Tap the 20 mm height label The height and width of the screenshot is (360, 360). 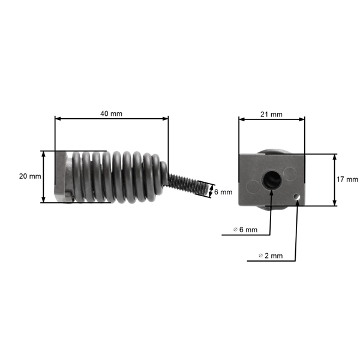pyautogui.click(x=30, y=176)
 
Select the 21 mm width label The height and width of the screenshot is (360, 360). pyautogui.click(x=272, y=114)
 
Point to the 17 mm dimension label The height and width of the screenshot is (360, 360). pyautogui.click(x=347, y=179)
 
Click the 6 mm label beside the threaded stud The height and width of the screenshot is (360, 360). pyautogui.click(x=223, y=192)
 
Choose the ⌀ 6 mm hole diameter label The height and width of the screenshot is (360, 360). pyautogui.click(x=245, y=230)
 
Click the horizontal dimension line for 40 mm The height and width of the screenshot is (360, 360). pyautogui.click(x=112, y=119)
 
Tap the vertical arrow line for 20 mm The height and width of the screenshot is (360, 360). pyautogui.click(x=44, y=176)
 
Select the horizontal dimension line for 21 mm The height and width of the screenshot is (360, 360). pyautogui.click(x=272, y=119)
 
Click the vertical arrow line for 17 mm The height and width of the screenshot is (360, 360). pyautogui.click(x=335, y=179)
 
